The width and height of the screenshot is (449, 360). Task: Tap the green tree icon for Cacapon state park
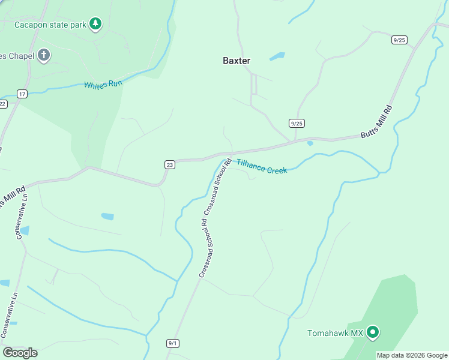click(95, 24)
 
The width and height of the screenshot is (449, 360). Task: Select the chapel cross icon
click(43, 55)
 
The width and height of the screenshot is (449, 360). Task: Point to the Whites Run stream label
click(103, 85)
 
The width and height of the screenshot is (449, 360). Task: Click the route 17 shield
click(22, 94)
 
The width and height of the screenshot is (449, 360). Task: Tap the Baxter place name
click(237, 61)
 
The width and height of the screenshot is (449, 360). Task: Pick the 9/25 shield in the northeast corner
click(399, 40)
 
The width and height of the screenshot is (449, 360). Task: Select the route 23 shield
click(170, 164)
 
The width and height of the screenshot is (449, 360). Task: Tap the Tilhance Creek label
click(262, 167)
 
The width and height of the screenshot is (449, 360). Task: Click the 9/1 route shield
click(173, 343)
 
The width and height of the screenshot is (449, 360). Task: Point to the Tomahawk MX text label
click(336, 333)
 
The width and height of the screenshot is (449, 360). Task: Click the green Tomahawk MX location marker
click(373, 332)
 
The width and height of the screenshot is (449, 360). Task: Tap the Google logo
click(20, 353)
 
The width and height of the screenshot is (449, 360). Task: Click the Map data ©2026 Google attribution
click(412, 355)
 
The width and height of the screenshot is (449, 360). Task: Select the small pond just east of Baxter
click(277, 57)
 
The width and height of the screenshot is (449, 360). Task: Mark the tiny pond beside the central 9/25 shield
click(310, 143)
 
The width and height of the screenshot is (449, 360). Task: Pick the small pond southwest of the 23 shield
click(107, 216)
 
